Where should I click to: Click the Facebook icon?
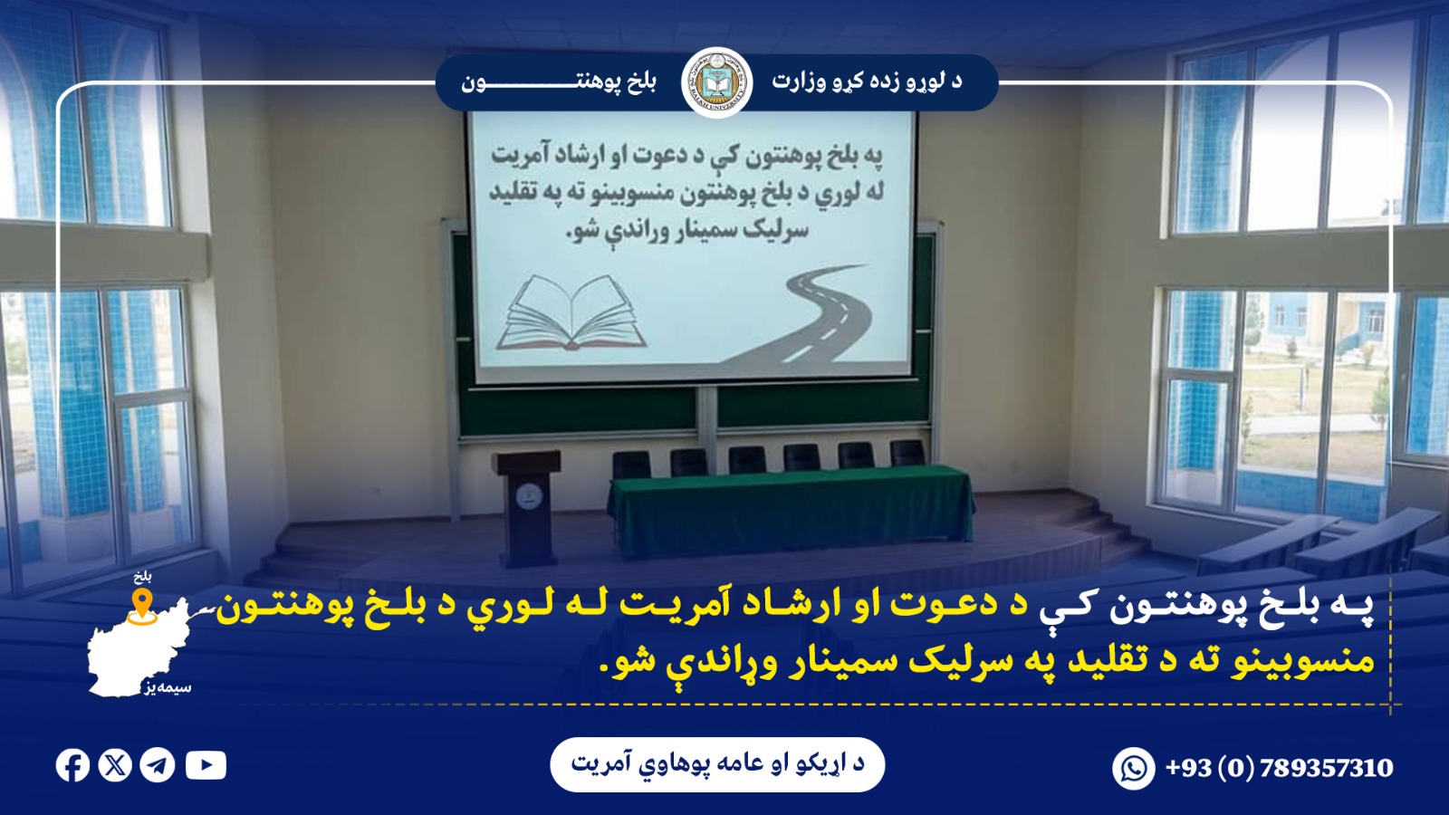72,766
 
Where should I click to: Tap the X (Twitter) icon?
115,766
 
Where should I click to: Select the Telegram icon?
158,766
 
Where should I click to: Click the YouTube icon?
206,766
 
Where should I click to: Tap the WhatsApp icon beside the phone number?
1134,769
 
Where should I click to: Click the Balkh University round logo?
716,82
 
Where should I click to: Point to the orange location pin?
142,605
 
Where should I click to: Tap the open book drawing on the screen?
571,313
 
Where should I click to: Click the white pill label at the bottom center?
717,764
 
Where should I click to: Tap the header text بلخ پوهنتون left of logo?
559,82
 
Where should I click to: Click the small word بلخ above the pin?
142,576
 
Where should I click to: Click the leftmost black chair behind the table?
631,465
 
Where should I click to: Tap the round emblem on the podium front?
525,495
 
